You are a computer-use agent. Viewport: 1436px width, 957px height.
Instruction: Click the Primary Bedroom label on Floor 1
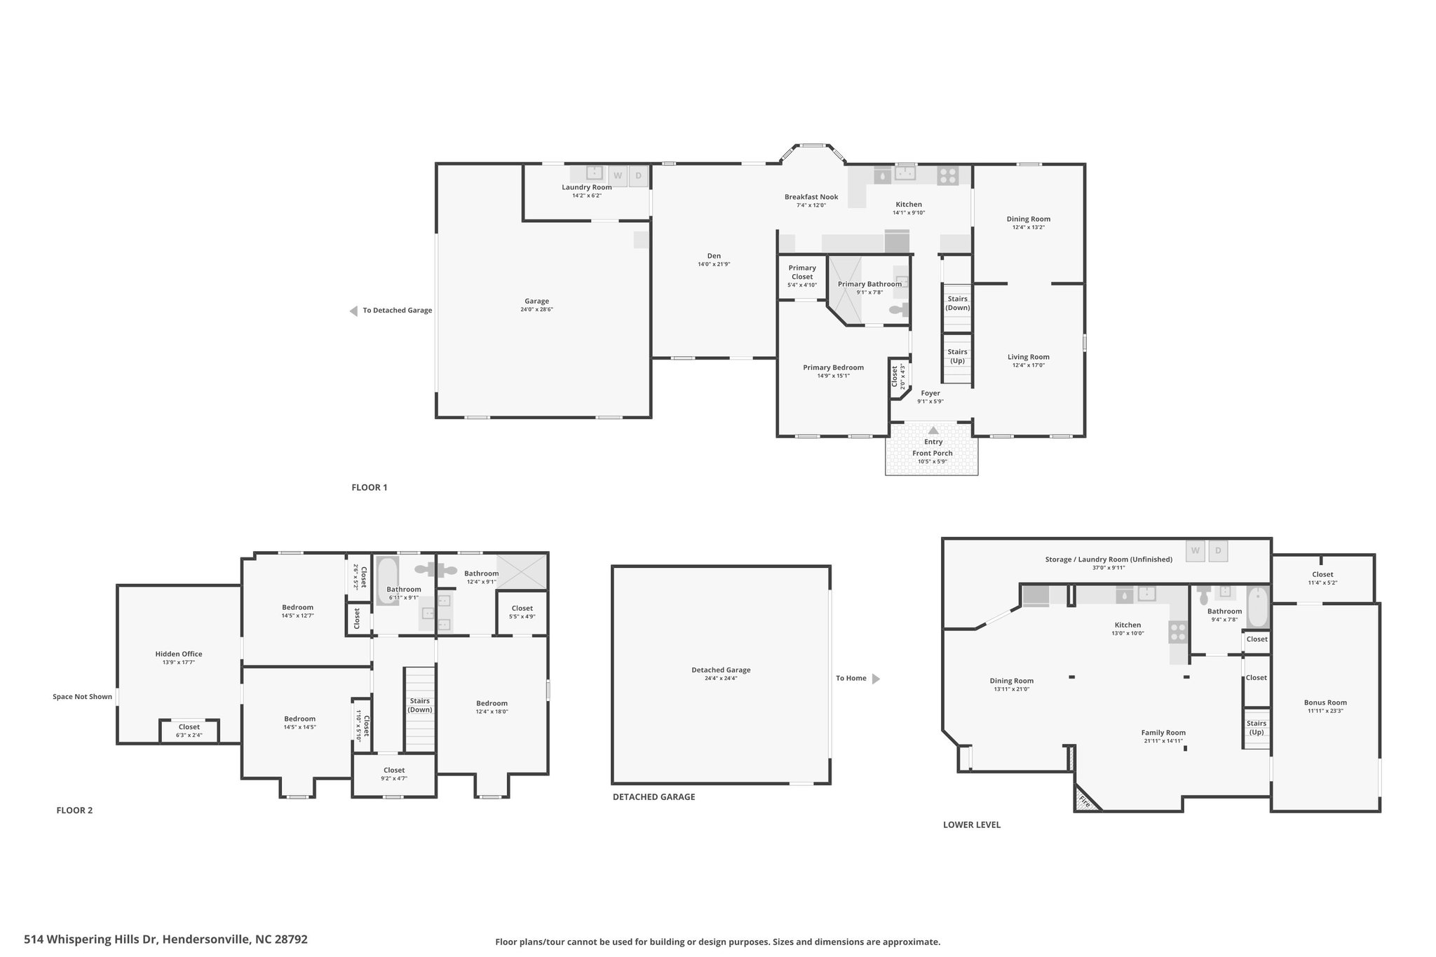[833, 367]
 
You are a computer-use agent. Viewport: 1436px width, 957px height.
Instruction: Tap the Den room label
[714, 256]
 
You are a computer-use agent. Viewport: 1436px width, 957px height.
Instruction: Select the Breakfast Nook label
[811, 197]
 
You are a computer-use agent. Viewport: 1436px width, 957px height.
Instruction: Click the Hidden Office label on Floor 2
[179, 654]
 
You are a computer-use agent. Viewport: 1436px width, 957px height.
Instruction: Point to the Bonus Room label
[1325, 703]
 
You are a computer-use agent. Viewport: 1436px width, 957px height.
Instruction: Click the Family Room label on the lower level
[1163, 733]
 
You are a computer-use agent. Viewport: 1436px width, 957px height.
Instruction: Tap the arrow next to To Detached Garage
[353, 311]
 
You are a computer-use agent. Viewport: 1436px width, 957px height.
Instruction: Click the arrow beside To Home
[876, 679]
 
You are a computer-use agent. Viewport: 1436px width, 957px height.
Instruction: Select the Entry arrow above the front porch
[933, 430]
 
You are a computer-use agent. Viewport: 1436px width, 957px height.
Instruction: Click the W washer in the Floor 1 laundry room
[618, 175]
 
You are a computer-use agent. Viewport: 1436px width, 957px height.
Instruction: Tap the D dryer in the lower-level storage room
[1218, 551]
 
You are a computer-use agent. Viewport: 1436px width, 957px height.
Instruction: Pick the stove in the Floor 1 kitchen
[948, 175]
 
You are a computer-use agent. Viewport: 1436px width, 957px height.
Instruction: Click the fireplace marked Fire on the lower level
[1084, 800]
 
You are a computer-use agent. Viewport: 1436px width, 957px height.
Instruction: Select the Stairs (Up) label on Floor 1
[957, 356]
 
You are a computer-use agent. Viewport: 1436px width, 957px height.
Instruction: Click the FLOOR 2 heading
[74, 810]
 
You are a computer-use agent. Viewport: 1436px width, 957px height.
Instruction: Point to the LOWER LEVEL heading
[972, 825]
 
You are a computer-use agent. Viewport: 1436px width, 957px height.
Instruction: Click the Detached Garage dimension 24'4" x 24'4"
[721, 679]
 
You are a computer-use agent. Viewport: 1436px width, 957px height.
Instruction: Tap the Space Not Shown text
[82, 697]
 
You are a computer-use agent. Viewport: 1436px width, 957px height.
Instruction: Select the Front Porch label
[933, 453]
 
